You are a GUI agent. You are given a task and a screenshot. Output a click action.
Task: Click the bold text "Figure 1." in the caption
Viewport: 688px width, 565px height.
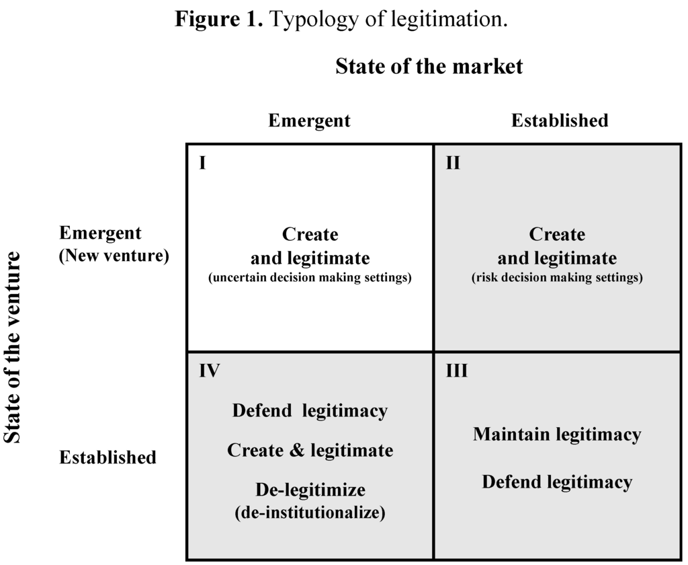[219, 19]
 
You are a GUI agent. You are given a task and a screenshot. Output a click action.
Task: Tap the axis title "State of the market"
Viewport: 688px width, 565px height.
[429, 67]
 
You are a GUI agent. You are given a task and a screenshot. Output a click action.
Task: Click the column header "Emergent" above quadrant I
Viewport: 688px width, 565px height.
[309, 120]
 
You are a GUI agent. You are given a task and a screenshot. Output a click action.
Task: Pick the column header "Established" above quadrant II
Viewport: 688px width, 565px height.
[560, 120]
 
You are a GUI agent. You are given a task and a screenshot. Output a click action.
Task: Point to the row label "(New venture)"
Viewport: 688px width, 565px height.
[114, 256]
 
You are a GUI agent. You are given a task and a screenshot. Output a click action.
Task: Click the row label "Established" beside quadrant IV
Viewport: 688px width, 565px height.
[107, 457]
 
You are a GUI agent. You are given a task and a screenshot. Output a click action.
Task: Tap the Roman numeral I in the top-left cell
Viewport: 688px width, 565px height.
[202, 163]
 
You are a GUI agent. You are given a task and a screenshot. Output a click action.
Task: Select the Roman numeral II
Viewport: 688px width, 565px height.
[453, 163]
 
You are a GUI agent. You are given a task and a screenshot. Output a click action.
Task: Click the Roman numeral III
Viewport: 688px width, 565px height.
[457, 371]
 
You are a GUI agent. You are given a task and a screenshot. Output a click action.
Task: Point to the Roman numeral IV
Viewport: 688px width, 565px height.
[210, 371]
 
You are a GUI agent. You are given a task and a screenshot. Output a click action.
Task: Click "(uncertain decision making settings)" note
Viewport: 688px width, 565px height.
[310, 278]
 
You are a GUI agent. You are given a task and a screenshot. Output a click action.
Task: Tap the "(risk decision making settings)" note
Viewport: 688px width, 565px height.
[557, 278]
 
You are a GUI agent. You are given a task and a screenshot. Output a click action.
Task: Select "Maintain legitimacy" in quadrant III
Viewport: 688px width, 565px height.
[557, 435]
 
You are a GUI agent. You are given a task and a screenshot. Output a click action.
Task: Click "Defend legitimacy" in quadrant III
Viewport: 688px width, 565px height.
[557, 482]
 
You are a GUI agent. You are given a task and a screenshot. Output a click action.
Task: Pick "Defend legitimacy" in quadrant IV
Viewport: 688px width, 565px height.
[310, 410]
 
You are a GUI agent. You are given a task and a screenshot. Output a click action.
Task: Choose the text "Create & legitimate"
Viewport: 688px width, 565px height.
[310, 450]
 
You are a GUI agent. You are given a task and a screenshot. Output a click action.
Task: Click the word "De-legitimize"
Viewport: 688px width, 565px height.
[310, 489]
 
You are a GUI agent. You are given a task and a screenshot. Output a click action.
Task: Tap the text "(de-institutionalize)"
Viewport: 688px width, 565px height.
[310, 513]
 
